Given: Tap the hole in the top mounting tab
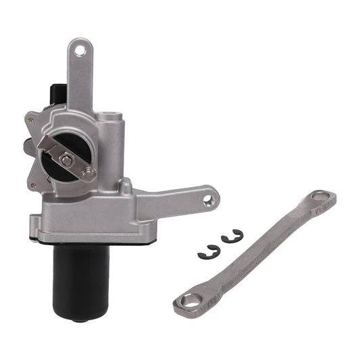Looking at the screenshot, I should [81, 49].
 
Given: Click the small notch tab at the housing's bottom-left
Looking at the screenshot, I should [33, 222].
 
